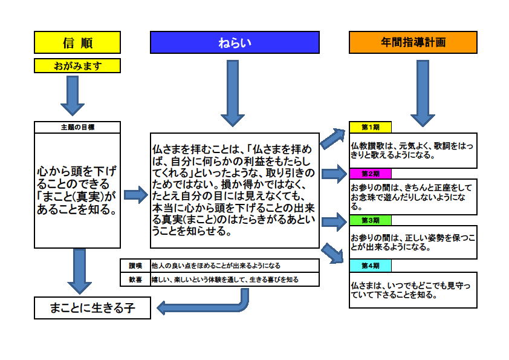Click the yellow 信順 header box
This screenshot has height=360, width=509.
77,42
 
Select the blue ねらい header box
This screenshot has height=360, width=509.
235,42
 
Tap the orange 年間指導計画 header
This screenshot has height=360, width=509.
413,42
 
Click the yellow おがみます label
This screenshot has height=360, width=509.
77,65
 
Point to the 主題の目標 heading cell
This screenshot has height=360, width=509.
77,127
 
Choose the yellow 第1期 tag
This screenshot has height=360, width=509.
371,127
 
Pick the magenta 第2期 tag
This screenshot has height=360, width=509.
371,174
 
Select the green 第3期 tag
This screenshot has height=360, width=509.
371,220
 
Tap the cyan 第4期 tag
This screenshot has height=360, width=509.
371,266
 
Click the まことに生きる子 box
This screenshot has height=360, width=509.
92,308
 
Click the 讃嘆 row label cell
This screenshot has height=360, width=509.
135,266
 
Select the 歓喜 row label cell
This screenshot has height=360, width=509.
135,280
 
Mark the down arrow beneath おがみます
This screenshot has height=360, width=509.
73,96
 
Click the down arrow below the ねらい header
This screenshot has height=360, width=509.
233,93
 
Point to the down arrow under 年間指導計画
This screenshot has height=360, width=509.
423,93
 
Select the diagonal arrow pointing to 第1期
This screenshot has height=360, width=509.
333,138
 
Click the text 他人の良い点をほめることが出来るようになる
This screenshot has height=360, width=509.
216,266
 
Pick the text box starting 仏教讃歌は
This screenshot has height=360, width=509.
413,151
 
